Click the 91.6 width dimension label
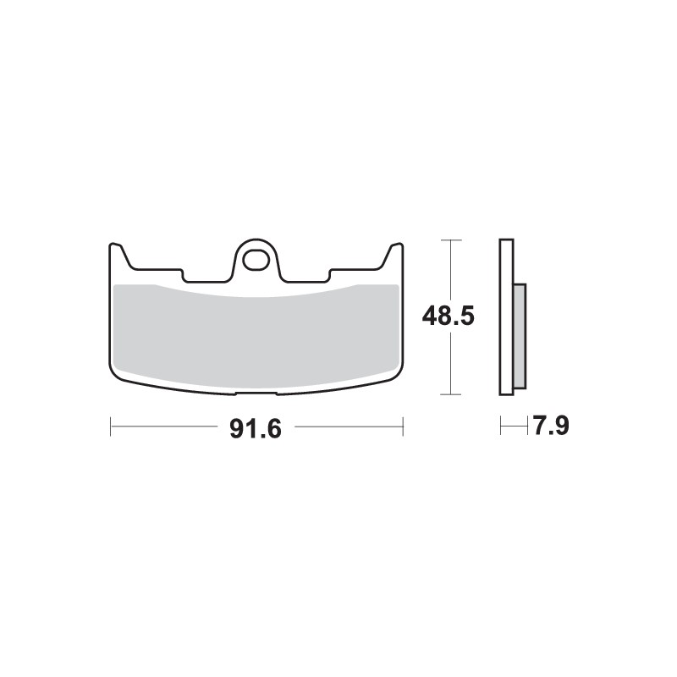pyautogui.click(x=255, y=428)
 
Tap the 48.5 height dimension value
pyautogui.click(x=449, y=316)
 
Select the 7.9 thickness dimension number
pyautogui.click(x=550, y=426)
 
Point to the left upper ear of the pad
pyautogui.click(x=118, y=253)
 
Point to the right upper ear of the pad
pyautogui.click(x=394, y=253)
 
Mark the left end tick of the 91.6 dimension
pyautogui.click(x=110, y=427)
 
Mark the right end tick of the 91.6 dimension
pyautogui.click(x=403, y=427)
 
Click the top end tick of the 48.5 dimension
pyautogui.click(x=452, y=240)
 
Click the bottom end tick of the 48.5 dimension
pyautogui.click(x=452, y=394)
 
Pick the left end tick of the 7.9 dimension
pyautogui.click(x=500, y=426)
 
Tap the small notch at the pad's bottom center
pyautogui.click(x=256, y=393)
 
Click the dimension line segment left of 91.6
pyautogui.click(x=165, y=427)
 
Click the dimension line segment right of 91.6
pyautogui.click(x=347, y=427)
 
